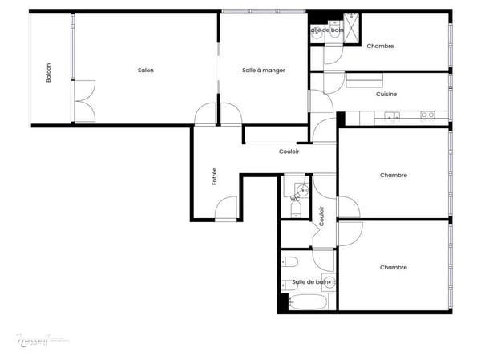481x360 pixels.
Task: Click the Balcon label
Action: [49, 72]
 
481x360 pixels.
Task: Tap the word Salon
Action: [145, 71]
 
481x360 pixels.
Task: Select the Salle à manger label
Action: [263, 71]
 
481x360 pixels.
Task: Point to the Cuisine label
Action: [386, 95]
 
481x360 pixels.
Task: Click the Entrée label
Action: [215, 176]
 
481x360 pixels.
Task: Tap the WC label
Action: [294, 198]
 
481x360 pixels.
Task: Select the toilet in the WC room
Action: [295, 210]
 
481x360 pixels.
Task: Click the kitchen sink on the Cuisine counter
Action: [391, 117]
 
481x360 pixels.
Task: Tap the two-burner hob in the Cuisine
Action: [427, 115]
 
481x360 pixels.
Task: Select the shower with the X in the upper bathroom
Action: [352, 17]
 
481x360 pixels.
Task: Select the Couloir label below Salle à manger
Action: [289, 152]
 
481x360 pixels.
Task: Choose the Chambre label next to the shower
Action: [380, 46]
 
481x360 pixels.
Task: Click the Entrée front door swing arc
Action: [226, 207]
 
